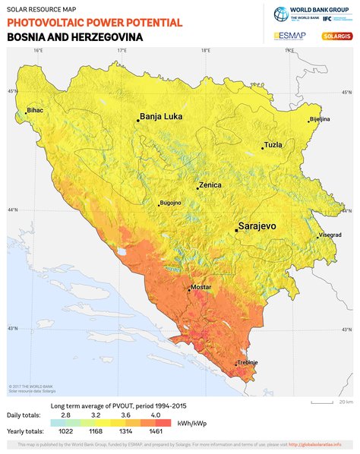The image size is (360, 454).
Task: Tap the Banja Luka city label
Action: (163, 117)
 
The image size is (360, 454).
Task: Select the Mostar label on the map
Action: (201, 288)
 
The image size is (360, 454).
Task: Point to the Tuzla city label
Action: (273, 144)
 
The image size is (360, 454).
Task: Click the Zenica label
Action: (211, 185)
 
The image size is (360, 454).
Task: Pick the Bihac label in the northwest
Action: (35, 110)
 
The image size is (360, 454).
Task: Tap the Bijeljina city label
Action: (320, 119)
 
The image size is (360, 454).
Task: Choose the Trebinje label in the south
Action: (248, 363)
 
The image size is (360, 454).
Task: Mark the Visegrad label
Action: (330, 235)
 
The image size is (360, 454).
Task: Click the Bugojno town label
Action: (170, 203)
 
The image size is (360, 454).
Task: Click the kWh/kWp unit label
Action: (191, 423)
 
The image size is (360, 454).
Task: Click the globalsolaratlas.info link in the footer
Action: (314, 444)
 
